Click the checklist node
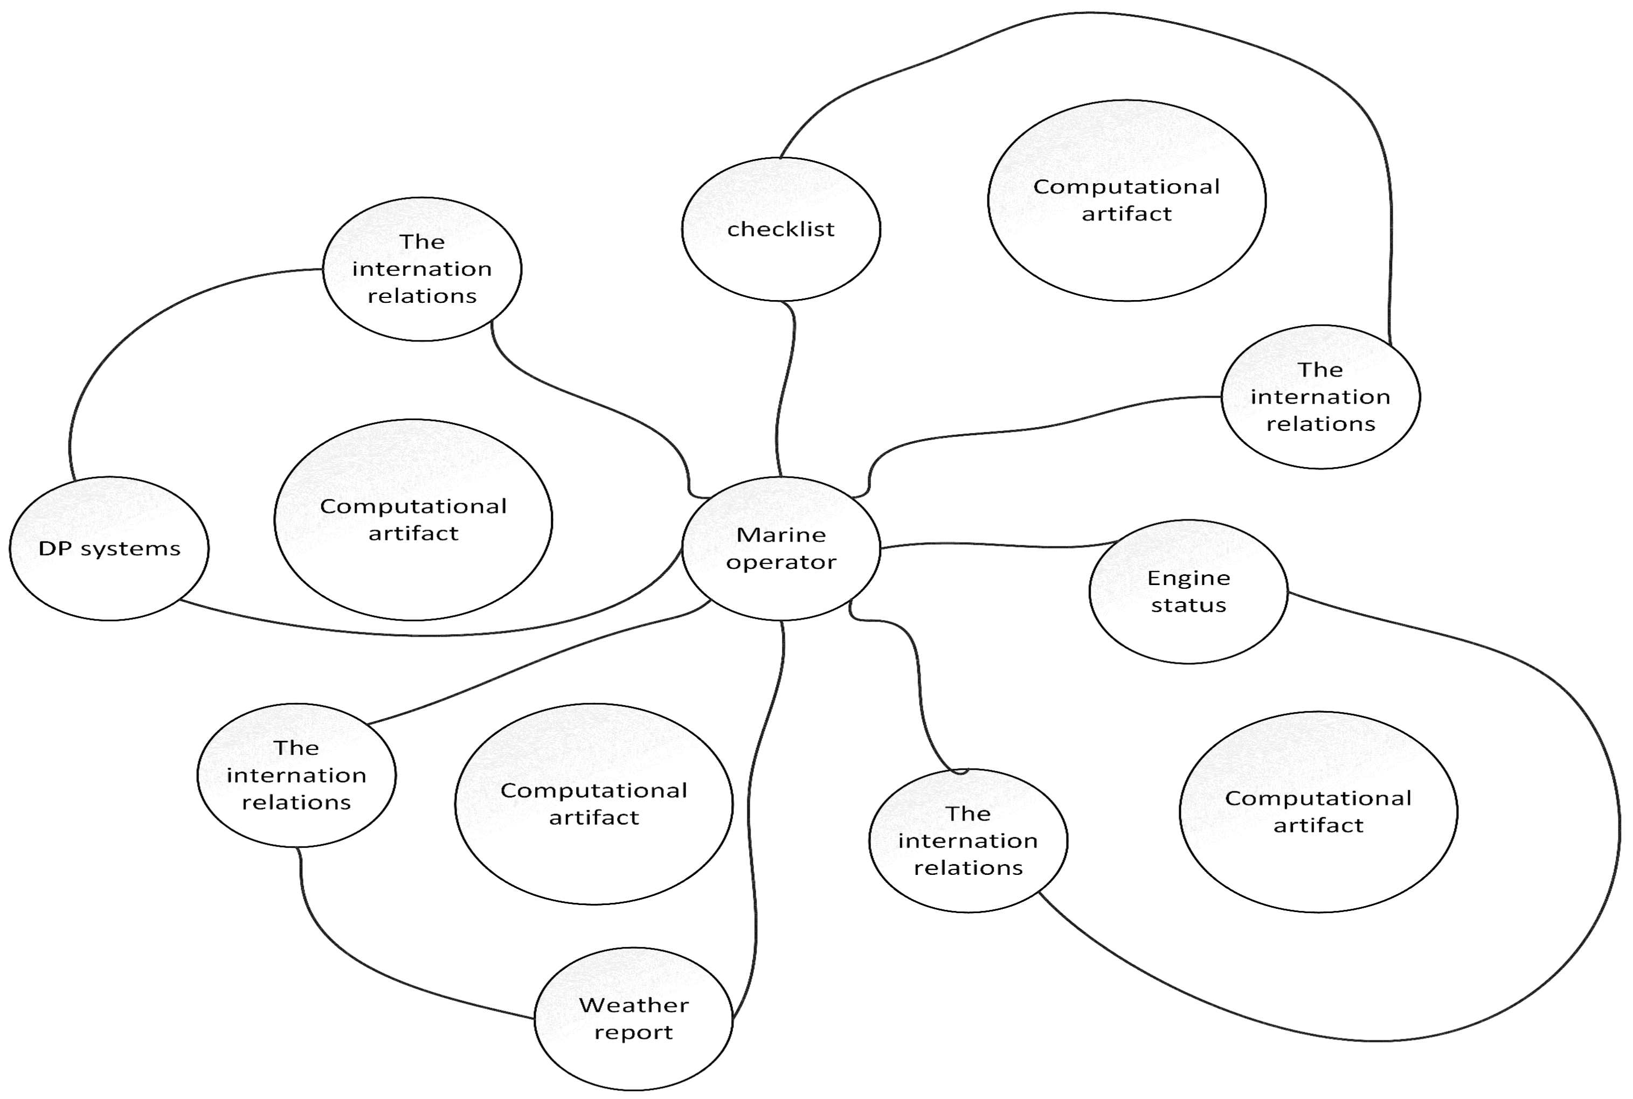click(780, 229)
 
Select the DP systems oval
click(109, 548)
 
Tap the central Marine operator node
click(780, 548)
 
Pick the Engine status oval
click(1188, 591)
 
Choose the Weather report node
click(633, 1018)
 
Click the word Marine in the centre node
click(780, 535)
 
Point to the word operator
click(780, 562)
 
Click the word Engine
click(1188, 578)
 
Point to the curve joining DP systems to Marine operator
click(435, 634)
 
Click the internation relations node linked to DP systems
click(421, 269)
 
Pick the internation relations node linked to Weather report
click(296, 775)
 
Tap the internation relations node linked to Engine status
click(967, 840)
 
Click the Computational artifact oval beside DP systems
click(413, 519)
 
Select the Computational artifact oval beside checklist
click(1126, 200)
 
